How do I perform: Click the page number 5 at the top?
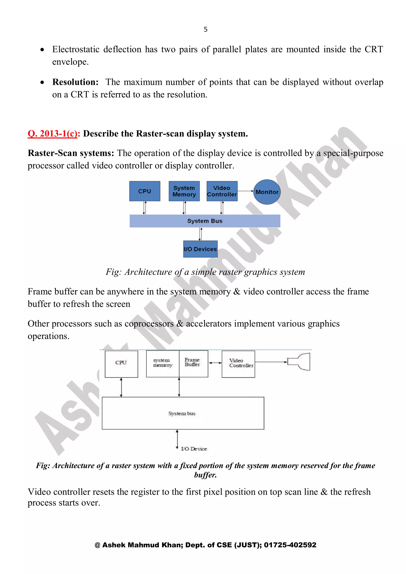206,30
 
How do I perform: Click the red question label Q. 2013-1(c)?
53,134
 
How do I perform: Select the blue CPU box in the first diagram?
145,191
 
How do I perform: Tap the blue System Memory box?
184,191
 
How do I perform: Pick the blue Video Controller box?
222,191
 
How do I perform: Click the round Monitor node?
267,192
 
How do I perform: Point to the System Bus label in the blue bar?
205,221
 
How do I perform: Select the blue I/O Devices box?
200,249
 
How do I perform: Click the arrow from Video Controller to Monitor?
245,191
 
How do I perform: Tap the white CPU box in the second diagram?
121,364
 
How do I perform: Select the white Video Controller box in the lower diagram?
238,364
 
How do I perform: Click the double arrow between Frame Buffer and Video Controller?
215,363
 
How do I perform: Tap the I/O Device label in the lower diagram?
194,449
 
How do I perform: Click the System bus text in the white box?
182,413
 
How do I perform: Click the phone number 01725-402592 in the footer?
290,545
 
